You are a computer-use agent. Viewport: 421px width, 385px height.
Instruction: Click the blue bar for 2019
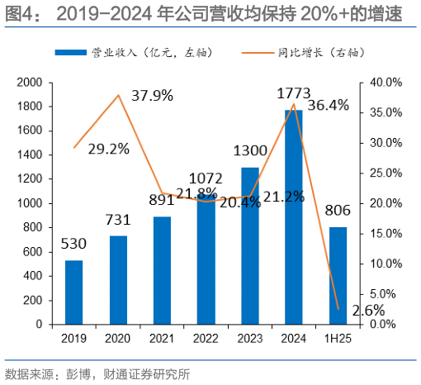[74, 292]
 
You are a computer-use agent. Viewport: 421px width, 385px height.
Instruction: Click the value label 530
[74, 245]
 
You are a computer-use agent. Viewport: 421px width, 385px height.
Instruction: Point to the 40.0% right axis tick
[386, 83]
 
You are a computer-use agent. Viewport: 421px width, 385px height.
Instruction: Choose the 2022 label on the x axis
[206, 339]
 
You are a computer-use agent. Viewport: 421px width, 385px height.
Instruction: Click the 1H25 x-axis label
[338, 339]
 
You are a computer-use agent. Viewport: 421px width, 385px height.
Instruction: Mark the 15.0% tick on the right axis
[386, 234]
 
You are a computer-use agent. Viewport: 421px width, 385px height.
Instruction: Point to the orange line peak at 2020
[118, 95]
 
